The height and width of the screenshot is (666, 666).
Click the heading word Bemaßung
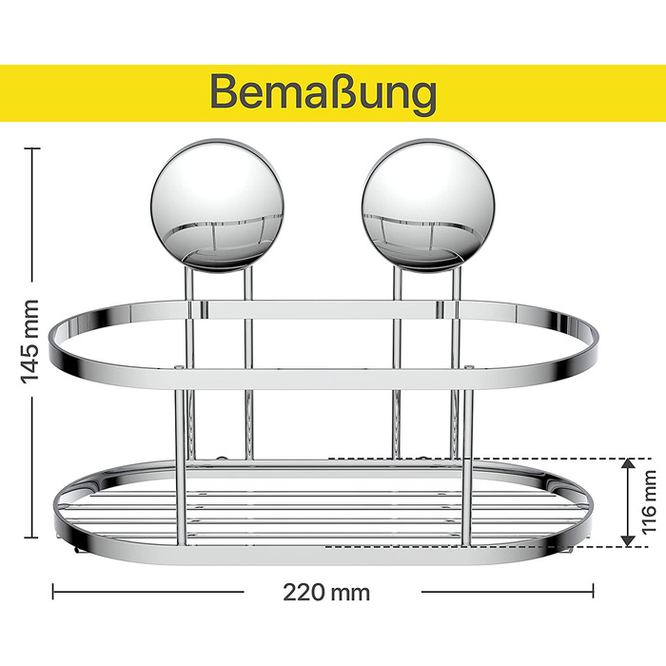pos(323,92)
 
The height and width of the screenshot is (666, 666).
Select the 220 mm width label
pos(326,592)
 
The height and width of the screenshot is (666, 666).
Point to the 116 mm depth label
pos(649,502)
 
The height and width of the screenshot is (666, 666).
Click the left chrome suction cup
pos(217,206)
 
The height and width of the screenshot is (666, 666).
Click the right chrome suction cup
pos(428,206)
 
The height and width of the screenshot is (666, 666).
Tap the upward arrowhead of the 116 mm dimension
pos(628,464)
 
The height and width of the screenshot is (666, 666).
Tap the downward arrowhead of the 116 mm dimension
pos(628,541)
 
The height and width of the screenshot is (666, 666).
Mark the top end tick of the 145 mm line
pos(31,148)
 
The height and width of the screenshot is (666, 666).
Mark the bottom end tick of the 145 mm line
pos(31,538)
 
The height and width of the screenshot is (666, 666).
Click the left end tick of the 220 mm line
pos(52,591)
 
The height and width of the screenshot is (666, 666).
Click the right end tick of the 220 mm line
pos(593,591)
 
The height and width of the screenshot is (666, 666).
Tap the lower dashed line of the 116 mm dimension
pos(488,547)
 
